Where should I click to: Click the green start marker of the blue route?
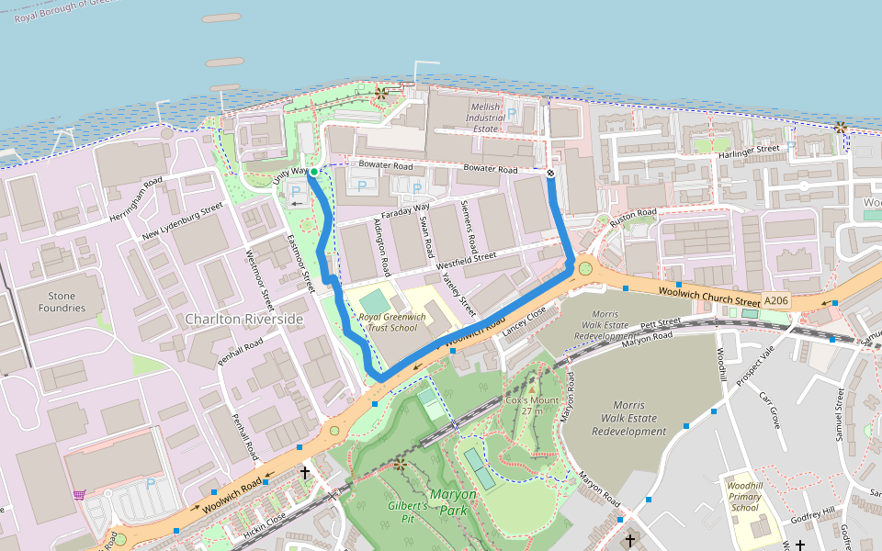point(313,172)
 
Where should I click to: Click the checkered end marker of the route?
point(550,172)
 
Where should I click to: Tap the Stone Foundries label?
point(61,302)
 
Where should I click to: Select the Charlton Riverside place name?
point(243,319)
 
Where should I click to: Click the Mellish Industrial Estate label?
point(486,118)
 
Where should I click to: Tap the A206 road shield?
point(775,300)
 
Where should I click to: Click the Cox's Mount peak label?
point(532,405)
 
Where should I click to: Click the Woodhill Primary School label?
point(744,496)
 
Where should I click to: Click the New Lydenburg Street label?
point(183,223)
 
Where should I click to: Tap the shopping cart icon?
point(79,494)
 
